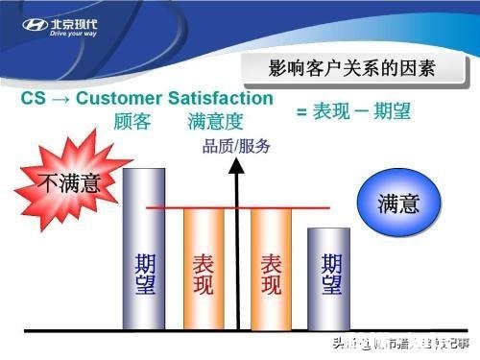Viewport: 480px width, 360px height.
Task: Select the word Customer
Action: tap(120, 99)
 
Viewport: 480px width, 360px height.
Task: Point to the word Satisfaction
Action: tap(220, 99)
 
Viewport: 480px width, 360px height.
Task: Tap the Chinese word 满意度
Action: tap(214, 122)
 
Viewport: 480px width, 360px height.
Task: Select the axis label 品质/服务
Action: tap(236, 147)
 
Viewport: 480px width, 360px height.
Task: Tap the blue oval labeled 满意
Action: tap(396, 204)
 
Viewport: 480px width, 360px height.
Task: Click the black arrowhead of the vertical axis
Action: tap(238, 167)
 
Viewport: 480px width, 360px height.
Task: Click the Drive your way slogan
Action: tap(74, 34)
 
